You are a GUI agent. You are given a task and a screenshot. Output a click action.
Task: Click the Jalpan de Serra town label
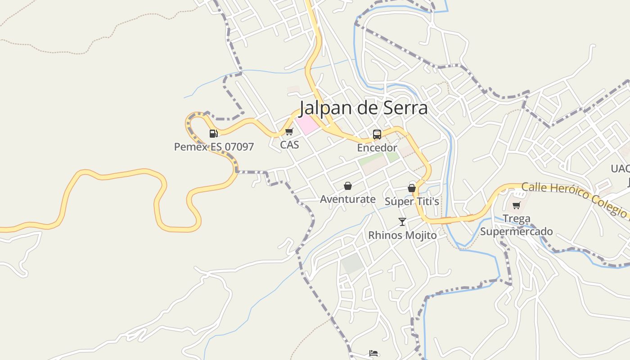364,108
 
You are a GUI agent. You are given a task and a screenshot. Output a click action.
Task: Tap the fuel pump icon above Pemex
213,133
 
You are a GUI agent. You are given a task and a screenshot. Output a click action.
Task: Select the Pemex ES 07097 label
214,147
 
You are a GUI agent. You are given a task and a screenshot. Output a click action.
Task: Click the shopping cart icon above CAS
289,132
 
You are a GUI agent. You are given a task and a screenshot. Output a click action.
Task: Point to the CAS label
289,145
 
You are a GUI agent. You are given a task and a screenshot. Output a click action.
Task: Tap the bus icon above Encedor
377,134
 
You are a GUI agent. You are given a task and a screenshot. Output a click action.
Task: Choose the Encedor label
377,148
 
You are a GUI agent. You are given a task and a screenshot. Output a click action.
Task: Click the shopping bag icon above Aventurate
347,186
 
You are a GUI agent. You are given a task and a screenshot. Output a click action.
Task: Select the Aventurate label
347,199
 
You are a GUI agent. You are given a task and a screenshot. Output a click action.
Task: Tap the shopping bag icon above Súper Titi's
412,188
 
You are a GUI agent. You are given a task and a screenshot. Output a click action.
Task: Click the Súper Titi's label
412,201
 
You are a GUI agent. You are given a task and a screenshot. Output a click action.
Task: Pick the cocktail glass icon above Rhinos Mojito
402,222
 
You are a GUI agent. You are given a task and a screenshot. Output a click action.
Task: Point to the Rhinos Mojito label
402,235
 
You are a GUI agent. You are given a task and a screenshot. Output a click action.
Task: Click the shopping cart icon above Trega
516,206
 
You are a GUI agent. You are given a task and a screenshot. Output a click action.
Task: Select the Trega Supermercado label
516,225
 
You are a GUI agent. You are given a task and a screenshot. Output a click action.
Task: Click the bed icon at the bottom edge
373,353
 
